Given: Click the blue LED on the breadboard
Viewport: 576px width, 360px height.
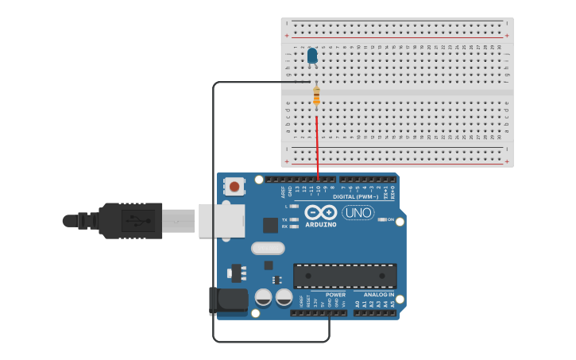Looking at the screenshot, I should coord(312,55).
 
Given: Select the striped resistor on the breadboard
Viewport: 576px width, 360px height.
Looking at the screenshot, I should coord(316,96).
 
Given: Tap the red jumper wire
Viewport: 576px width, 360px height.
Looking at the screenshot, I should coord(318,147).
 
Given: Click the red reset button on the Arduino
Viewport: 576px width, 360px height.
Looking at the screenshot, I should coord(234,187).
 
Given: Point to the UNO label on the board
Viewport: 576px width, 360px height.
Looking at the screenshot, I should coord(358,212).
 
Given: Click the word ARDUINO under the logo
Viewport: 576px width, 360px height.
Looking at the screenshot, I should coord(320,224).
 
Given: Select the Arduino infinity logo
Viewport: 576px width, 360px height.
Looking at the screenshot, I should coord(320,212).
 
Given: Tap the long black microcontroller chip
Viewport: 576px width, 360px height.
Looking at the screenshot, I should coord(345,275).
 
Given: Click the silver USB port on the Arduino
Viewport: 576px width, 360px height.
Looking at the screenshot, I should coord(222,221).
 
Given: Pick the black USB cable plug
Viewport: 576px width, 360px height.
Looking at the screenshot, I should coord(131,220).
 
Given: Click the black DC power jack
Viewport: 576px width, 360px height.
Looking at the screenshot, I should coord(229,300).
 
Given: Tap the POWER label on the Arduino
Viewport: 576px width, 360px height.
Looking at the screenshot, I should coord(335,295).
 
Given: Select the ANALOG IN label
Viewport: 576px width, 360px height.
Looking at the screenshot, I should coord(378,295).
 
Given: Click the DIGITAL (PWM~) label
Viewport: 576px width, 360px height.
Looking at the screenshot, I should coord(355,196).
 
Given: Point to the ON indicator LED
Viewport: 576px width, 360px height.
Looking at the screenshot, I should coord(382,219).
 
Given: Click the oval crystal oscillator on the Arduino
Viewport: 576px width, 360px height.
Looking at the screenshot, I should coord(268,248).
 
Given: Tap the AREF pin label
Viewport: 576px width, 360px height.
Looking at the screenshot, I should coord(283,192).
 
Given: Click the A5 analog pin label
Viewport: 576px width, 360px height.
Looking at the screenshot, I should coord(392,304).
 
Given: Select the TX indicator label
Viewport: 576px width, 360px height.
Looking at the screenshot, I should coord(284,219).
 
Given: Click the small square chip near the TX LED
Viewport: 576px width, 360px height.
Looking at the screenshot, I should coord(270,225).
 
